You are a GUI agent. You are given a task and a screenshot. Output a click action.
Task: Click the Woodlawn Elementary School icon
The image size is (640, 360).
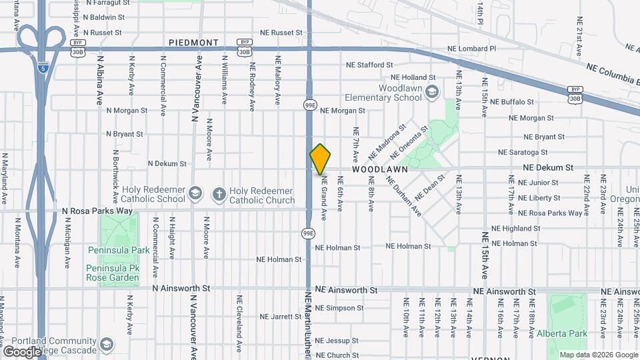(432, 91)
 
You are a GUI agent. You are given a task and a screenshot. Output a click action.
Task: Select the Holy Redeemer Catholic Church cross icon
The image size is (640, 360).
(219, 194)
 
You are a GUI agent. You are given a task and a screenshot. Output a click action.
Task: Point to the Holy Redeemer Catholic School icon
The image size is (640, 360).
(195, 194)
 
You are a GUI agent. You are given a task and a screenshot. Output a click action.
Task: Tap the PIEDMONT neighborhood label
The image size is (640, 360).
(193, 43)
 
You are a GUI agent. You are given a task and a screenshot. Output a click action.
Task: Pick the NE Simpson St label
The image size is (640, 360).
(339, 308)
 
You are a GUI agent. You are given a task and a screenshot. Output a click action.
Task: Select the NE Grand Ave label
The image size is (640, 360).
(324, 199)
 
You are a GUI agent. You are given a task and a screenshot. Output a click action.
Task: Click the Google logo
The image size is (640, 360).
(23, 351)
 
